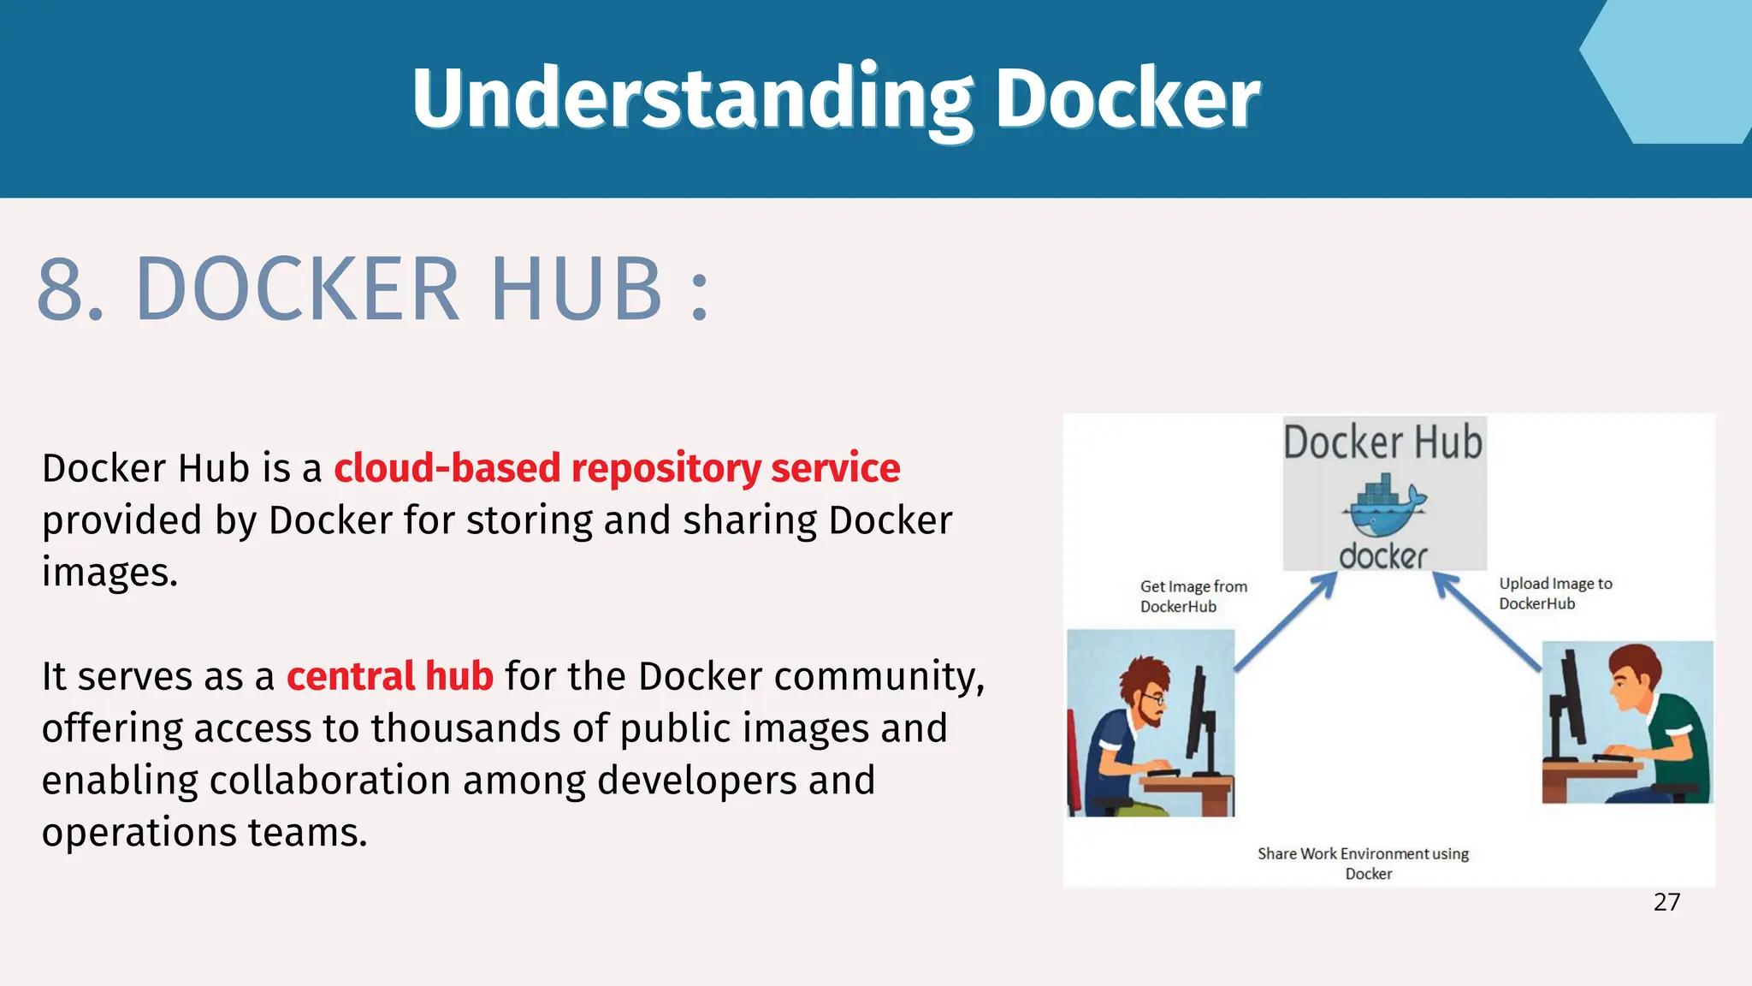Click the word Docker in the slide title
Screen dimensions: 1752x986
point(1128,98)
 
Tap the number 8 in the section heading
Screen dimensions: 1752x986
point(70,290)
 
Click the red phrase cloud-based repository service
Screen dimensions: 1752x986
point(617,468)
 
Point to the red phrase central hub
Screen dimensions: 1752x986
point(389,676)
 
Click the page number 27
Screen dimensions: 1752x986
point(1666,902)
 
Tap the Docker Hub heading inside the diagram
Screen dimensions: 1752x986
point(1382,443)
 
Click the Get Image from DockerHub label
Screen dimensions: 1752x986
point(1193,597)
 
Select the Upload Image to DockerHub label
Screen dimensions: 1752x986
point(1554,593)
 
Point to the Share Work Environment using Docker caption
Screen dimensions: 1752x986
point(1363,863)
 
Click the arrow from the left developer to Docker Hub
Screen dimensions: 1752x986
point(1286,621)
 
